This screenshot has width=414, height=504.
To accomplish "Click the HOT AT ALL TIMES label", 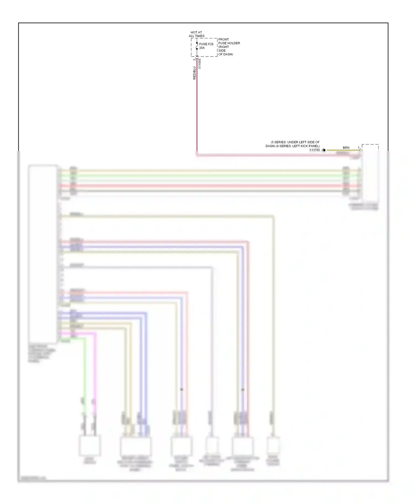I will (x=196, y=34).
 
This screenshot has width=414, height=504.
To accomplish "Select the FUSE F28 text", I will (x=206, y=44).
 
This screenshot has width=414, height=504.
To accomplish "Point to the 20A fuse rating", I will (x=202, y=48).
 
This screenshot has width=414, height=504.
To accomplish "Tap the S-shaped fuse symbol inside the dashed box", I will (x=197, y=46).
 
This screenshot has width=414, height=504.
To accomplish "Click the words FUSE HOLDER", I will (x=229, y=43).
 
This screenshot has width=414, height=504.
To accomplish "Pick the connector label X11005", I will (x=200, y=64).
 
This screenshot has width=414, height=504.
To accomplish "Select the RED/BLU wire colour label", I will (x=194, y=73).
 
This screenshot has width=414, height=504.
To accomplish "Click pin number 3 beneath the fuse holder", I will (x=194, y=60).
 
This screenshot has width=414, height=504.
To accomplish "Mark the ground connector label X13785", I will (x=314, y=150).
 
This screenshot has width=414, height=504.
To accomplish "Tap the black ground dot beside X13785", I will (x=324, y=150).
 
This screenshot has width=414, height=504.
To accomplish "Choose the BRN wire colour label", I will (x=346, y=148).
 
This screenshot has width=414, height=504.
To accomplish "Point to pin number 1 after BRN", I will (x=359, y=148).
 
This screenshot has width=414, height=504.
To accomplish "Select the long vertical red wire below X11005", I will (x=197, y=110).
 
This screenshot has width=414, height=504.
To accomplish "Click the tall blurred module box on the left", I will (x=43, y=254).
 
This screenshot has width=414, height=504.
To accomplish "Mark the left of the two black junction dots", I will (x=182, y=389).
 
